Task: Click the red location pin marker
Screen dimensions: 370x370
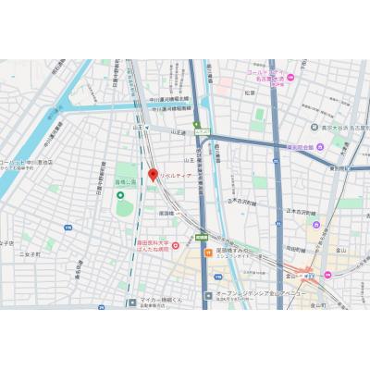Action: pos(153,174)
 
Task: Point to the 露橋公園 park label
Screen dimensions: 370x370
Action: pos(124,182)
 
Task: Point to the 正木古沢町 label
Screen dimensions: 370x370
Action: pos(245,201)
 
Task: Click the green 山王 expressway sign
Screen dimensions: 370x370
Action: pos(196,125)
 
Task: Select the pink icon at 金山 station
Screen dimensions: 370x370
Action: pos(312,273)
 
